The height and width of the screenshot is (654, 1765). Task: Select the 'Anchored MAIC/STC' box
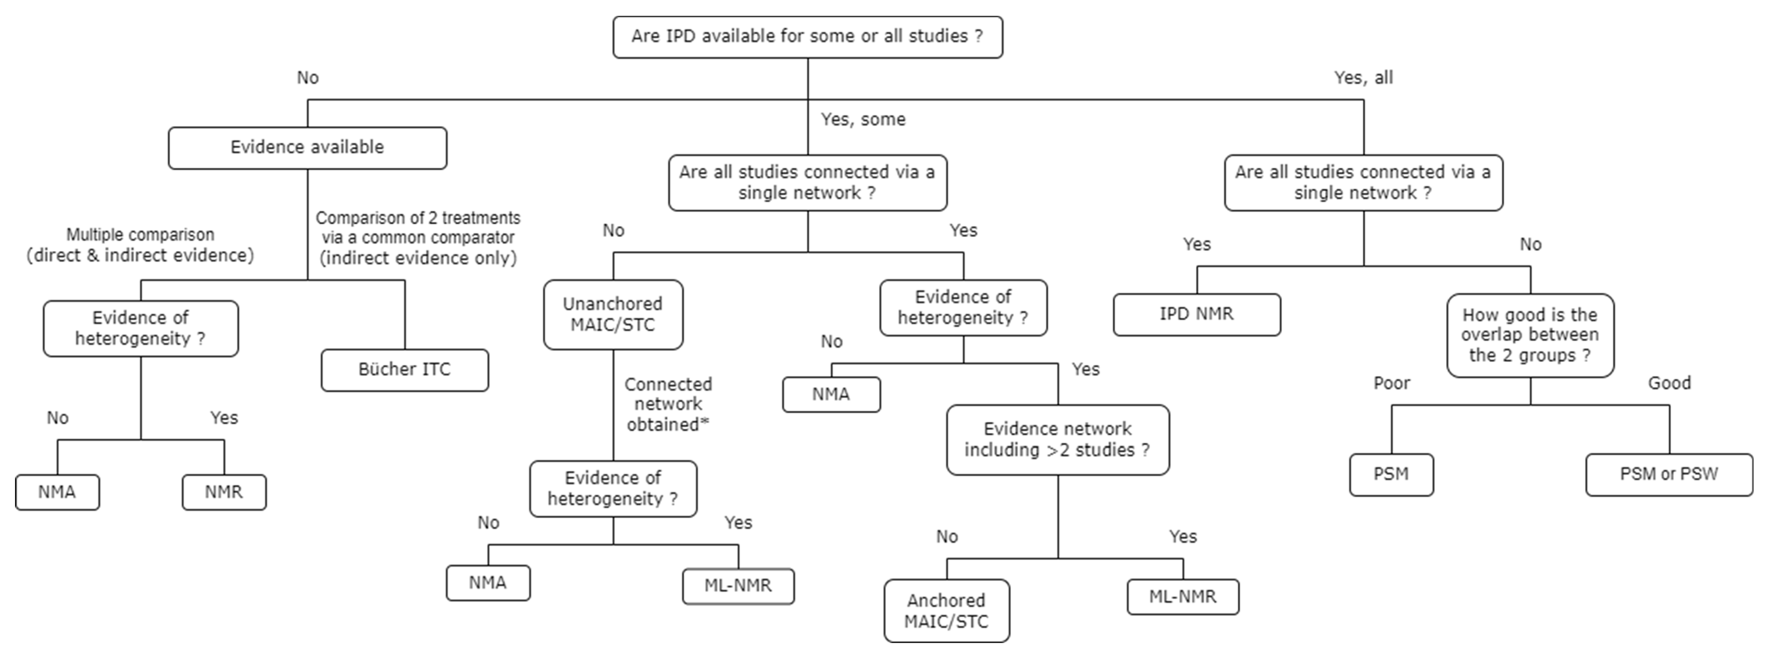[x=946, y=610]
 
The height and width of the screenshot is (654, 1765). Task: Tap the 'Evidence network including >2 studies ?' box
[x=1057, y=439]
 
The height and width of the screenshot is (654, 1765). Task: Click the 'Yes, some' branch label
[x=863, y=119]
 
